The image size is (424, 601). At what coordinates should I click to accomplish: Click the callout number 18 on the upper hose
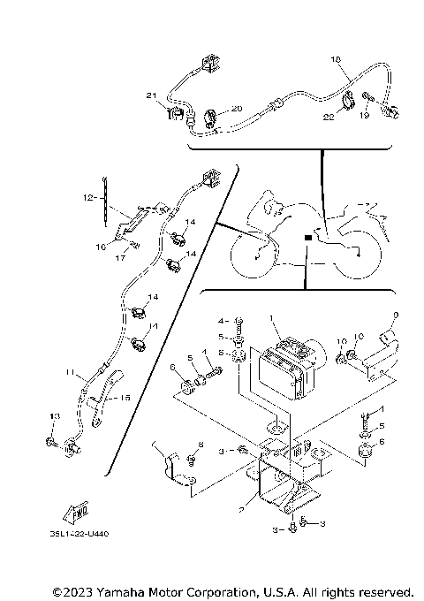click(334, 59)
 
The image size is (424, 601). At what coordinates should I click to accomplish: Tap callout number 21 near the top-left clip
click(151, 95)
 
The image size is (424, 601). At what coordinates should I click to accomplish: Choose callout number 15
click(125, 399)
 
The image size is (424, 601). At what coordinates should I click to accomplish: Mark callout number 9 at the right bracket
click(396, 315)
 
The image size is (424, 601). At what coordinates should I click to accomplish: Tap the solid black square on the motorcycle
click(306, 237)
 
